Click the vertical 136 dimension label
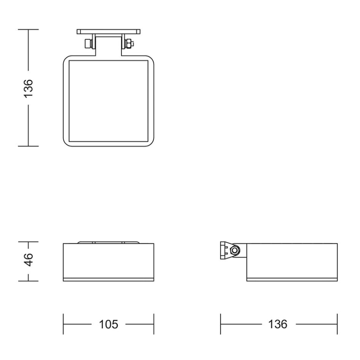pos(28,88)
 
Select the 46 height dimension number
pos(28,261)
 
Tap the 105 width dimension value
pos(108,324)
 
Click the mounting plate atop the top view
pos(108,32)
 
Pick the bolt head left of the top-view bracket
pos(88,43)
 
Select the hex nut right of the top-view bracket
pos(129,43)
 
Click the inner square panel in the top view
pos(108,100)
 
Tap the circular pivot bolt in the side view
pos(236,251)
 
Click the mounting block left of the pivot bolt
pos(225,250)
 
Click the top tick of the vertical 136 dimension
pos(28,30)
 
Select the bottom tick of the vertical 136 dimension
pos(28,146)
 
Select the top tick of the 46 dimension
pos(28,242)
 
